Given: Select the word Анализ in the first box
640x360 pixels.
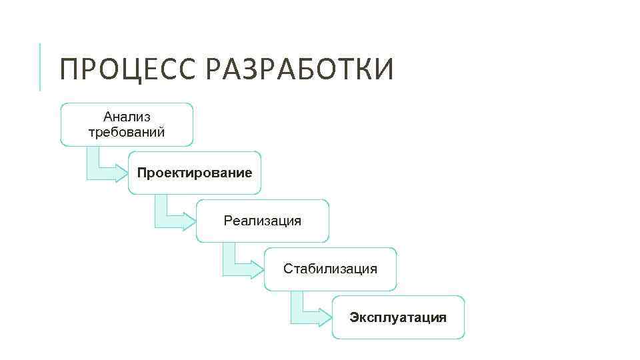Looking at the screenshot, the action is (127, 117).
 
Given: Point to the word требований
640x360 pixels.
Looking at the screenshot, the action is (127, 131).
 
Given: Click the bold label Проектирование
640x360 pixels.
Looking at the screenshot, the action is (195, 173).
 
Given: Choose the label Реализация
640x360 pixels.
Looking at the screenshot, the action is (263, 221).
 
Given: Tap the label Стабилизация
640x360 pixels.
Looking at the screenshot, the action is (330, 269).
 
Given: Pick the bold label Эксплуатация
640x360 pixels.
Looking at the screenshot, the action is (398, 317).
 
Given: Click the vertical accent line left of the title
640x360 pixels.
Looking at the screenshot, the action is (40, 67).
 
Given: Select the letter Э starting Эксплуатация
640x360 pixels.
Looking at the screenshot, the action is (354, 317).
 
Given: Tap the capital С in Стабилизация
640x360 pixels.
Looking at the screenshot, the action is (288, 269).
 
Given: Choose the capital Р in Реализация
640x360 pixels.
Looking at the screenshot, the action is (228, 221).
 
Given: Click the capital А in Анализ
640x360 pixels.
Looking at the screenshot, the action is (108, 117).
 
